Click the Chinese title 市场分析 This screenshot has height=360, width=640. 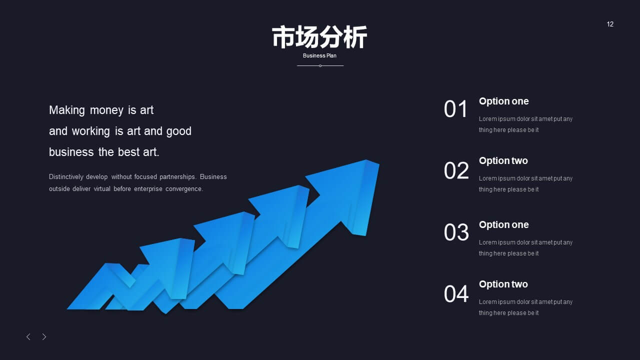[x=319, y=37]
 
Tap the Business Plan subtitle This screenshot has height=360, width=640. [x=319, y=55]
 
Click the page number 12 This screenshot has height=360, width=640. [x=610, y=24]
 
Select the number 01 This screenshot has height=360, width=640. [x=455, y=109]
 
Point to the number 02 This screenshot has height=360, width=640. [x=456, y=170]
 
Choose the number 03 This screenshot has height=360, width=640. [x=456, y=232]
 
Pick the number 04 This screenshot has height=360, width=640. [x=456, y=293]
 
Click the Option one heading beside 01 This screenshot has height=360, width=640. [x=503, y=101]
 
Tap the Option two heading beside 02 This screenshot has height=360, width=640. [x=503, y=161]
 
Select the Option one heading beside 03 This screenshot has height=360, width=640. [x=503, y=225]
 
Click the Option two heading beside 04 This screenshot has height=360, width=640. [x=503, y=284]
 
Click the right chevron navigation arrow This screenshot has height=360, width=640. [x=44, y=337]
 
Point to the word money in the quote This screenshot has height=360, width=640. [x=106, y=110]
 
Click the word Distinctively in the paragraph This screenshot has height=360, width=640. [x=66, y=177]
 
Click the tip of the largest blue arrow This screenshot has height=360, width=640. [x=379, y=163]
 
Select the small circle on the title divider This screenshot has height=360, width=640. [x=320, y=65]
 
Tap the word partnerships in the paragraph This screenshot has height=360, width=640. [x=177, y=177]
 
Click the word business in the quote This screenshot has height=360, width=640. [x=71, y=152]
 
